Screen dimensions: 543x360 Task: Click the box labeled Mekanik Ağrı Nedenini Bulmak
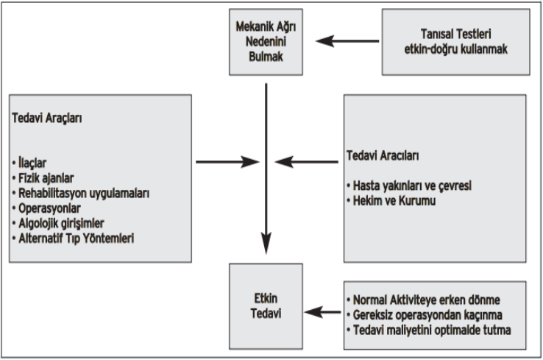coord(266,42)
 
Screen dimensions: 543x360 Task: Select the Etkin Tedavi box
coord(266,306)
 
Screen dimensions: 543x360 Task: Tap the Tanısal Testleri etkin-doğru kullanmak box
coord(455,42)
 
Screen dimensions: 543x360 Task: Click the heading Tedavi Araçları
coord(47,118)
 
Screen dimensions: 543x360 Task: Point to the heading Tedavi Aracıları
coord(383,155)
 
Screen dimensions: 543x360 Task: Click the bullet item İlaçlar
coord(29,163)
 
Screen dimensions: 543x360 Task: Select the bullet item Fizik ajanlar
coord(43,178)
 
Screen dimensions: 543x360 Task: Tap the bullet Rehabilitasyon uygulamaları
coord(81,194)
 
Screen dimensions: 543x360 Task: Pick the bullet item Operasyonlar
coord(46,208)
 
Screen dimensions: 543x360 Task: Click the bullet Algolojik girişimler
coord(58,224)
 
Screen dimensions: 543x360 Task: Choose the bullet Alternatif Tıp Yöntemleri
coord(73,239)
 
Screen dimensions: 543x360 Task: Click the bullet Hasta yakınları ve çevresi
coord(409,186)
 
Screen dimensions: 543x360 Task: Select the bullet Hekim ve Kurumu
coord(391,201)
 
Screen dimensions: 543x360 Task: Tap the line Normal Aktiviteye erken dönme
coord(423,300)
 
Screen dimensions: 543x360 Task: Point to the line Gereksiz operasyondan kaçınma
coord(425,315)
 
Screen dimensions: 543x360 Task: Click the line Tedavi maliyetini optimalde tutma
coord(429,330)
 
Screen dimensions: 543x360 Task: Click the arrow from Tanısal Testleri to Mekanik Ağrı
coord(347,41)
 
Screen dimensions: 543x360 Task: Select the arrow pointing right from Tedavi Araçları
coord(227,162)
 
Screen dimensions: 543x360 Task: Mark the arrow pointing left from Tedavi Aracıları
coord(307,162)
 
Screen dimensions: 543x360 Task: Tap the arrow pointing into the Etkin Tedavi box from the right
coord(323,312)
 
